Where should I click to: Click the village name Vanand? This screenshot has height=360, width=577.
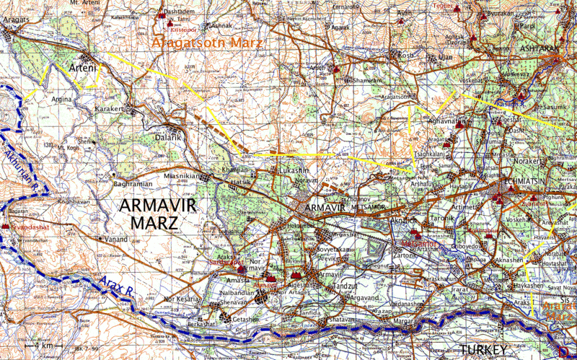coord(115,239)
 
